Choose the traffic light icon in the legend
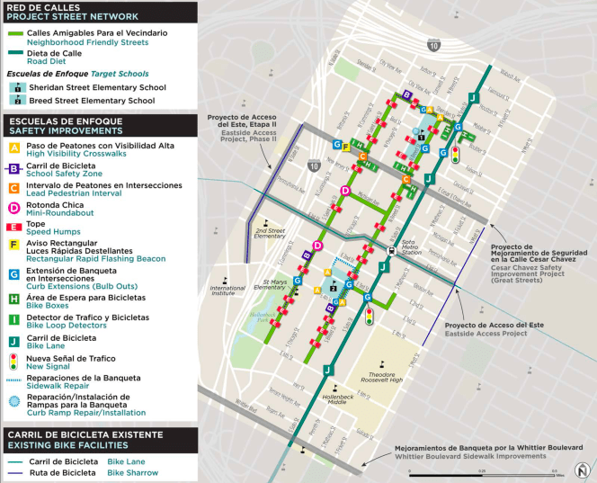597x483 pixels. coord(13,361)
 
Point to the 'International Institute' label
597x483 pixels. coord(228,291)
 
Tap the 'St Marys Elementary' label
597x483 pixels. coord(275,286)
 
